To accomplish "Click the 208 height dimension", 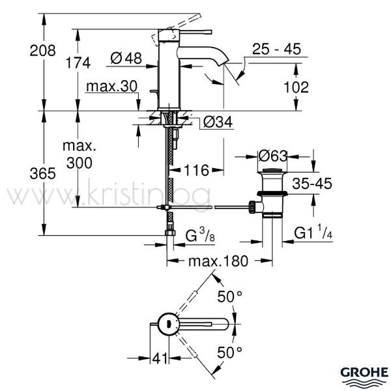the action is coord(42,51).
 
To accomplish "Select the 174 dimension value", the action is coord(78,63).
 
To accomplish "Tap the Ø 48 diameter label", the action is coord(126,58).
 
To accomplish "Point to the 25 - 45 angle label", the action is coord(276,49).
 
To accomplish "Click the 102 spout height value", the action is coord(297,87).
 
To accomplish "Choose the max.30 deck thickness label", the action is coord(111,86).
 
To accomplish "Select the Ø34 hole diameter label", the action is coord(218,123).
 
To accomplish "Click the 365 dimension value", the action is coord(42,173).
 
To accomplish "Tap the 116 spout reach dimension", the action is coord(196,171).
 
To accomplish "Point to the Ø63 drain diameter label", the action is coord(273,156).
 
